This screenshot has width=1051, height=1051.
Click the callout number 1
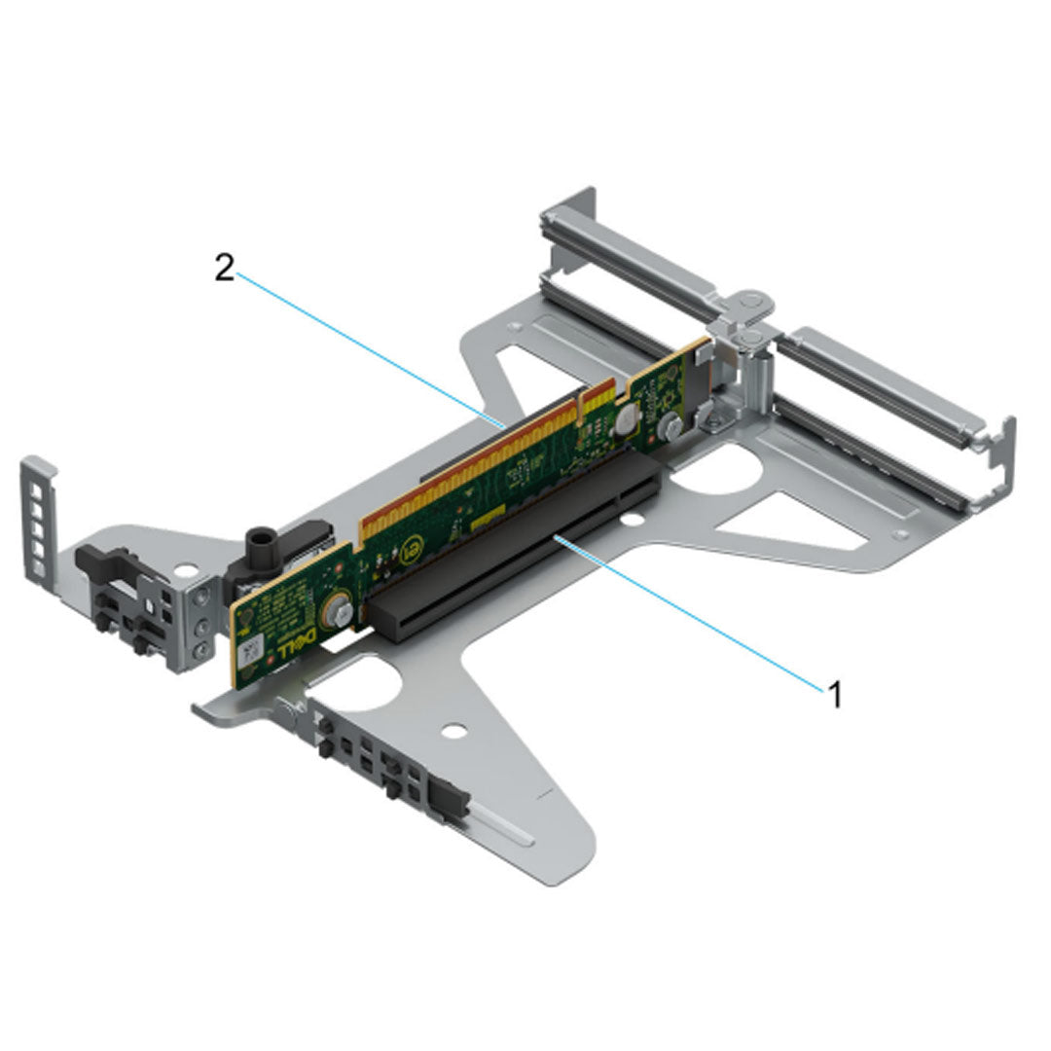pos(833,695)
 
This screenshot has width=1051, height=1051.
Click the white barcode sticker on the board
pos(251,651)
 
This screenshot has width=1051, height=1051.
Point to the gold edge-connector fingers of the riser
pos(487,457)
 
